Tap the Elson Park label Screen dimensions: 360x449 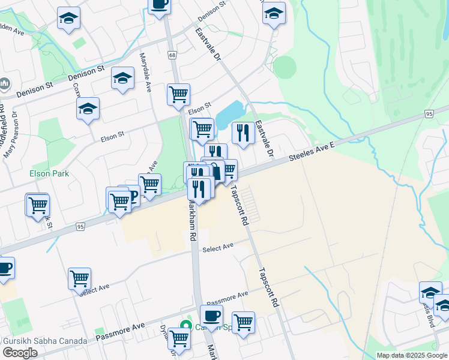[49, 173]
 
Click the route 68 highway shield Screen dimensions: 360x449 [173, 55]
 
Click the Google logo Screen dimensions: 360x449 [20, 353]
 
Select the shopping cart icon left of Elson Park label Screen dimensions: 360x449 [37, 204]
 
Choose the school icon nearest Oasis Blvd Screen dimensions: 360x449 [430, 292]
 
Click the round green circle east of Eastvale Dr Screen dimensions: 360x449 [284, 67]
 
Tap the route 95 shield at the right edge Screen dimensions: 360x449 [428, 113]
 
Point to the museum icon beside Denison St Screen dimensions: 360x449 [5, 84]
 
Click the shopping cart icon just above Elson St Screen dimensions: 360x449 [178, 94]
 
